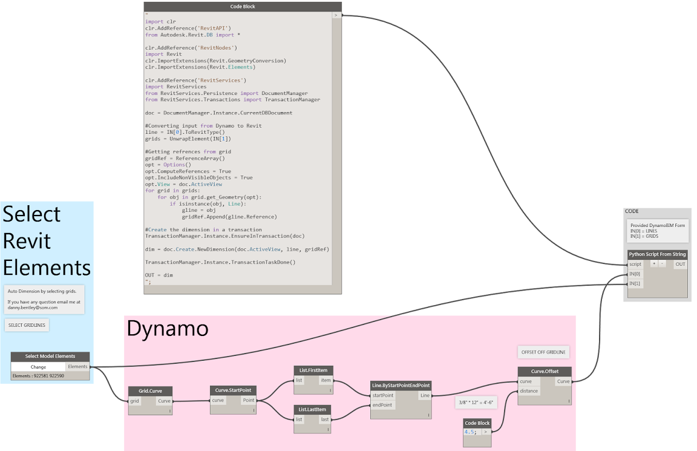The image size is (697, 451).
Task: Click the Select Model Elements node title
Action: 50,357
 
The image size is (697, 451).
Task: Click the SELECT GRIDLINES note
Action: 27,325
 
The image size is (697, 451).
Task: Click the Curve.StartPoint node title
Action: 234,390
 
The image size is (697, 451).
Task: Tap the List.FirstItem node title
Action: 313,370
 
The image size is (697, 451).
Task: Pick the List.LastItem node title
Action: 313,409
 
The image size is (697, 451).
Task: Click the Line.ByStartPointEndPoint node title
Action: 401,386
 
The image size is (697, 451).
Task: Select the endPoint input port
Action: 382,405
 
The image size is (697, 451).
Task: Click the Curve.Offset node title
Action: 545,371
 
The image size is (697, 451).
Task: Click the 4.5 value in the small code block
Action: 470,432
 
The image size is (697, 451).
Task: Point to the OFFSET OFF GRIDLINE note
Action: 543,352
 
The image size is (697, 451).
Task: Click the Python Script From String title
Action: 657,254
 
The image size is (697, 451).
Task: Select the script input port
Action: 635,265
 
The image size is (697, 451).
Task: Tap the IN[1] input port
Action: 635,283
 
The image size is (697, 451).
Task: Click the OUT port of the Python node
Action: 681,265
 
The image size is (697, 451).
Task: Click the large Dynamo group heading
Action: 168,329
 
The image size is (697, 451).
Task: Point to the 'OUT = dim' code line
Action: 159,275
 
